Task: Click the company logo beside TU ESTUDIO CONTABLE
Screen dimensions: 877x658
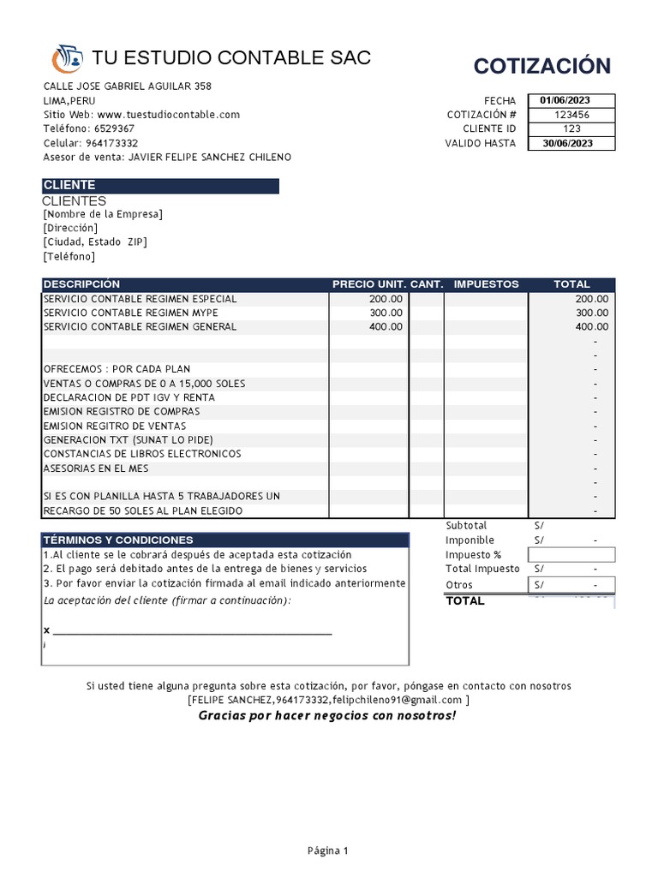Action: [67, 58]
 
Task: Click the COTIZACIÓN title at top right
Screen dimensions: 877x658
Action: [541, 66]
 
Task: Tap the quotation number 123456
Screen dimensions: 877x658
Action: [571, 115]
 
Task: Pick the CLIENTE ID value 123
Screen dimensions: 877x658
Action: [571, 128]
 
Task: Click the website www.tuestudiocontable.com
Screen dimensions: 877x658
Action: [169, 115]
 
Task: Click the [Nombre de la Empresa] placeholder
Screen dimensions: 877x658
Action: [103, 214]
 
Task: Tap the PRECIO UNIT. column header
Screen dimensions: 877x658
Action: [369, 284]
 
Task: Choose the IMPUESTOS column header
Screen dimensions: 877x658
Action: [486, 284]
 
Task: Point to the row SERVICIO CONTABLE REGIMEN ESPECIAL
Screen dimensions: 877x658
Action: [141, 299]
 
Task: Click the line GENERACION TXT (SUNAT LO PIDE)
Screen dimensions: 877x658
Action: [128, 439]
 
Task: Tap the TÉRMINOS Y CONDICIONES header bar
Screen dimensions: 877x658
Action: [225, 540]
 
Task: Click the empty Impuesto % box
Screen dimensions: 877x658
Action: [571, 554]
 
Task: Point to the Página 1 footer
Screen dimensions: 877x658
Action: [328, 851]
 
